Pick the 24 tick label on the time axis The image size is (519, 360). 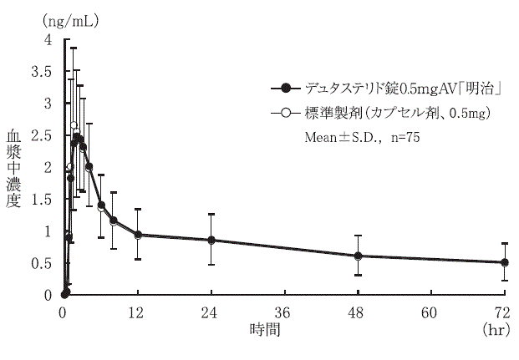pos(211,312)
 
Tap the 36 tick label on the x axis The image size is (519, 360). pos(284,312)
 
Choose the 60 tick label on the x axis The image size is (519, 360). pos(431,312)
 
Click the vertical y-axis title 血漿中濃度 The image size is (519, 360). pos(14,168)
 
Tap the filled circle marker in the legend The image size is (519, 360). pos(287,88)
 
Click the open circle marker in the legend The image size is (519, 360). pos(287,111)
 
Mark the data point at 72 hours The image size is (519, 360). pos(505,262)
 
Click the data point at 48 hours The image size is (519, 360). pos(358,256)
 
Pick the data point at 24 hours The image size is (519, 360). pos(211,241)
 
